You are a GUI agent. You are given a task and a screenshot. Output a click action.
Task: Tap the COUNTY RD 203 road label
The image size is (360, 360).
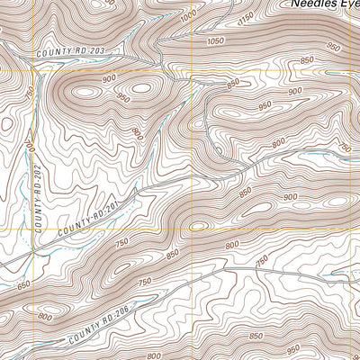point(66,53)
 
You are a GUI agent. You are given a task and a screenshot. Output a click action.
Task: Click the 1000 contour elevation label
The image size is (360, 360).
point(187,17)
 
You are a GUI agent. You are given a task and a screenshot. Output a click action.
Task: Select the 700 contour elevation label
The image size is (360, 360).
point(29,144)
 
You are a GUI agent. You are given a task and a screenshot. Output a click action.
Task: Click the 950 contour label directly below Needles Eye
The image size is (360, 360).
point(334,46)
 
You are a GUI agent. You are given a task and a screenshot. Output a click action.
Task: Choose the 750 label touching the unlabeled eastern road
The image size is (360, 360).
point(262,261)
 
